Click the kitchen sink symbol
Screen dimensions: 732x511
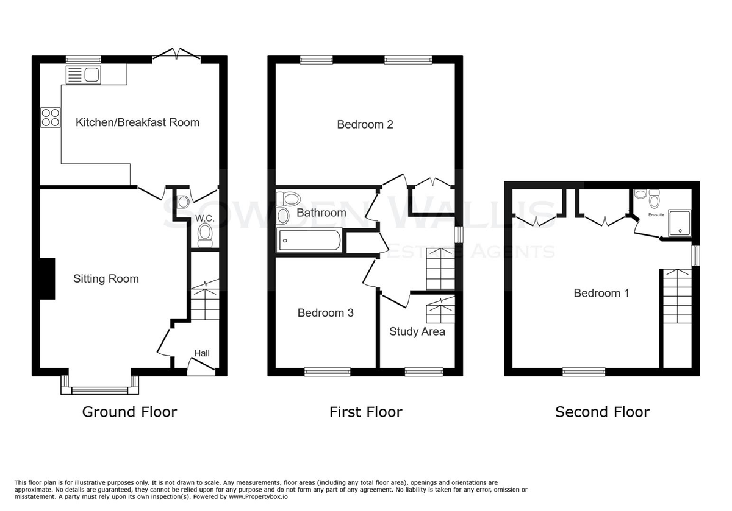point(84,75)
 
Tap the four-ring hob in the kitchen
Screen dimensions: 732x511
point(51,118)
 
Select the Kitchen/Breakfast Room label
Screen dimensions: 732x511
point(138,122)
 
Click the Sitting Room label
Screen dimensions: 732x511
point(106,279)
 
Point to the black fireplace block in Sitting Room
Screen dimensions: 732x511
point(47,279)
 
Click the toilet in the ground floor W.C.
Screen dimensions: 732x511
point(205,235)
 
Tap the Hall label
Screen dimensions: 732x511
point(202,353)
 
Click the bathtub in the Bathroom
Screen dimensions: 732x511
point(309,241)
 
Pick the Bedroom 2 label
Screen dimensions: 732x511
point(365,124)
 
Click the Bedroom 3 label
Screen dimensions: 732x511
point(326,313)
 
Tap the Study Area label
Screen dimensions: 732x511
point(417,331)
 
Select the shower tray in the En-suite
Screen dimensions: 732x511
point(680,223)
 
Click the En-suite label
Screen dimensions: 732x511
point(656,215)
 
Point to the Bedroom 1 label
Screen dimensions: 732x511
point(601,293)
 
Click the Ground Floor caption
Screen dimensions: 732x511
point(129,412)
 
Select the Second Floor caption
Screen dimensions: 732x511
point(602,412)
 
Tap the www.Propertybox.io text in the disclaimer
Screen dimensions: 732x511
point(258,496)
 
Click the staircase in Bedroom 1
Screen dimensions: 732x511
point(677,296)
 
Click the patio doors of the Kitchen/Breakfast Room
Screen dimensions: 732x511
point(176,54)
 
